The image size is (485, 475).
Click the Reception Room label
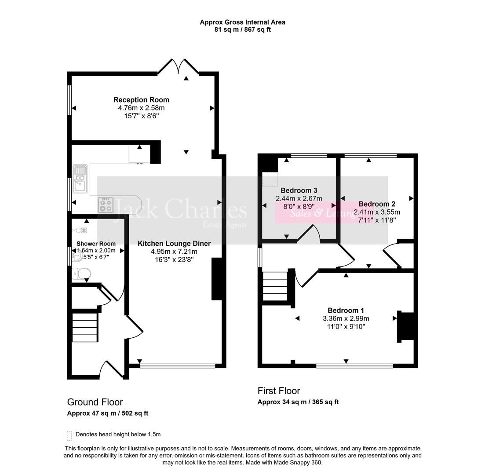point(141,100)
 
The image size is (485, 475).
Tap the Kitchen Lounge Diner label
point(174,243)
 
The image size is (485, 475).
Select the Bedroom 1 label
point(346,310)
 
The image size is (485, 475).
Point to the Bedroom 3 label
point(299,190)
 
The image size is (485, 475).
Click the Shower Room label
point(96,244)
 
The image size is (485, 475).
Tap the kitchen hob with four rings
point(106,205)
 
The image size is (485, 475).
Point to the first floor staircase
point(275,286)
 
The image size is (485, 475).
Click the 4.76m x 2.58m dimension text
point(141,108)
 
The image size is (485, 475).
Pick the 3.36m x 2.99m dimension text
point(346,318)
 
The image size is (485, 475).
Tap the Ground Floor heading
point(95,402)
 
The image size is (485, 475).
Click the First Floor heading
point(279,391)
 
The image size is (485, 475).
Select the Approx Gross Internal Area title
point(242,22)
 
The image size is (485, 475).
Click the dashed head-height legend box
point(69,435)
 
